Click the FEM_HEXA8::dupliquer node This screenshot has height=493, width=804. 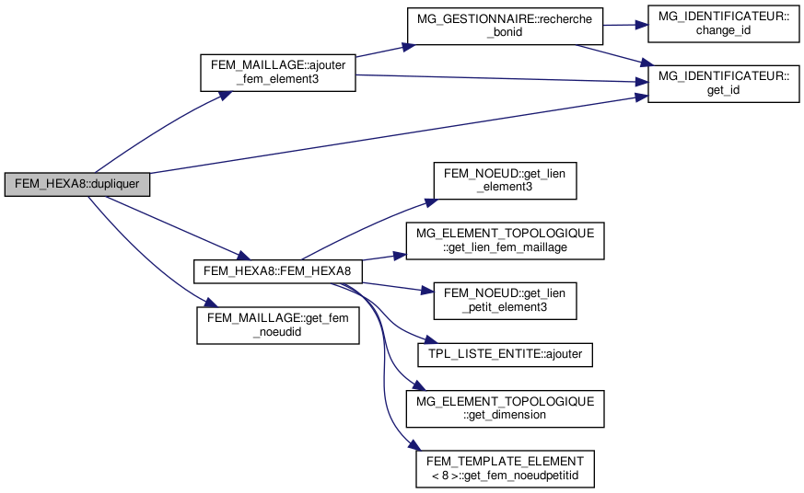pyautogui.click(x=76, y=183)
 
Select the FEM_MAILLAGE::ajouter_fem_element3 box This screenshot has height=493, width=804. pyautogui.click(x=278, y=73)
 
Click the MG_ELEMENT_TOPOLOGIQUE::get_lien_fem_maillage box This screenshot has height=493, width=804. pyautogui.click(x=505, y=240)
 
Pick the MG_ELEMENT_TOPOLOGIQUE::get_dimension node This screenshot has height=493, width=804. pyautogui.click(x=505, y=407)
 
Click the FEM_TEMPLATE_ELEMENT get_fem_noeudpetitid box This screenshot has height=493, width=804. pyautogui.click(x=505, y=468)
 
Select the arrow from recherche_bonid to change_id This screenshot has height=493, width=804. pyautogui.click(x=625, y=26)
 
